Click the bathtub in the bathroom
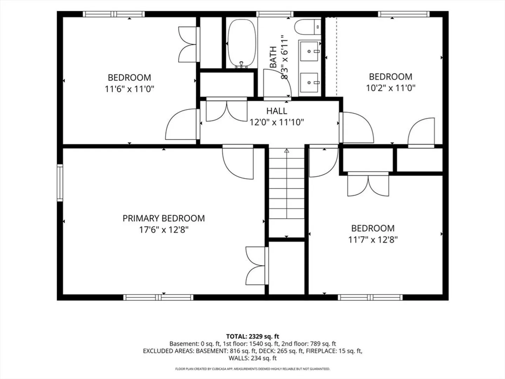(242, 44)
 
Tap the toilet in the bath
(308, 27)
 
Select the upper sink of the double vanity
(309, 51)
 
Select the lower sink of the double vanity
(309, 82)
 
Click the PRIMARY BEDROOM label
(163, 218)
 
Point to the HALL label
(277, 111)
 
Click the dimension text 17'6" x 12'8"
(163, 230)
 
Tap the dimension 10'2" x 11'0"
(391, 88)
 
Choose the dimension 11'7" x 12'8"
(373, 240)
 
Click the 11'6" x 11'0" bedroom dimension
(129, 89)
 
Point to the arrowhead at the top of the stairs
(287, 151)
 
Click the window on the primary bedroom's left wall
(60, 183)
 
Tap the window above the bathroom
(275, 14)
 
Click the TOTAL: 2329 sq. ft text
(252, 337)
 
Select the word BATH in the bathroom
(273, 57)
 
